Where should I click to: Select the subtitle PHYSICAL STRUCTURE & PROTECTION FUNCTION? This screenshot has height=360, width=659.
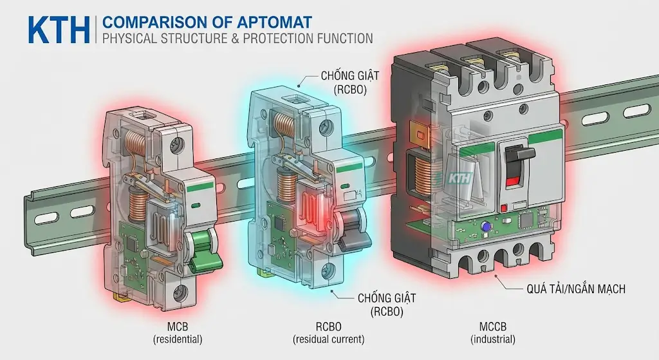237,38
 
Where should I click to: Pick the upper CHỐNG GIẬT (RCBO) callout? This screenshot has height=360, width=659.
349,83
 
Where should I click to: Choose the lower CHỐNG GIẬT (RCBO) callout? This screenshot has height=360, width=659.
386,305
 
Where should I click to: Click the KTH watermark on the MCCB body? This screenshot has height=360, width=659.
460,178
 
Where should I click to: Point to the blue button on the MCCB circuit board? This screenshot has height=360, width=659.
487,226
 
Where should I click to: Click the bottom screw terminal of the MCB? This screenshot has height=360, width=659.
180,292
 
